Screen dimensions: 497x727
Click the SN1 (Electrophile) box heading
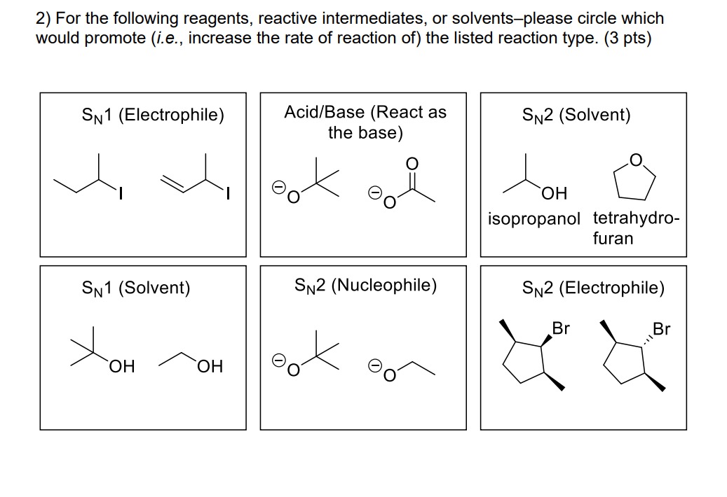coord(152,115)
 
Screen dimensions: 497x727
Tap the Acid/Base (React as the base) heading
coord(365,122)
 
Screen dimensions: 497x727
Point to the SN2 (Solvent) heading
coord(576,115)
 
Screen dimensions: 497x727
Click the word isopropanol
coord(534,218)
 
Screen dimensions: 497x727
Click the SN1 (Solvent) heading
coord(136,287)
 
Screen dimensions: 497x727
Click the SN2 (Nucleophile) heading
coord(365,285)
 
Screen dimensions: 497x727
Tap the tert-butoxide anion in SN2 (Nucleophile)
coord(303,357)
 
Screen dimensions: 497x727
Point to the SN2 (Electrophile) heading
coord(593,287)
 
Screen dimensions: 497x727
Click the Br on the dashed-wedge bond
coord(661,329)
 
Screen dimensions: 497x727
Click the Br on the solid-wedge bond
coord(561,327)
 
